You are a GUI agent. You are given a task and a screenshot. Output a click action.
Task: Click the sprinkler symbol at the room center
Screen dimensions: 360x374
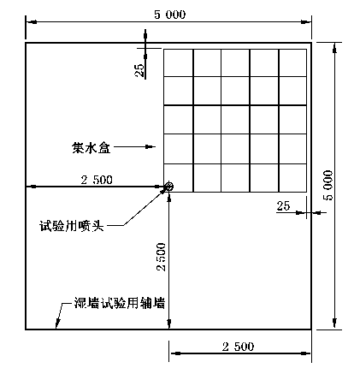point(169,187)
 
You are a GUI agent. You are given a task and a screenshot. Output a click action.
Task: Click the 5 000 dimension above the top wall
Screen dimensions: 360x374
point(170,15)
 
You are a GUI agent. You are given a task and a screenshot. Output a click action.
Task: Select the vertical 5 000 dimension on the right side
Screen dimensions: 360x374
point(328,186)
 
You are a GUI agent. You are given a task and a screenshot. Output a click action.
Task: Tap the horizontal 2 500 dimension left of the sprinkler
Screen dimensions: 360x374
point(97,180)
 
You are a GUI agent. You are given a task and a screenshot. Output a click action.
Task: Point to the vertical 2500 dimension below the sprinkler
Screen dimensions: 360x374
point(162,257)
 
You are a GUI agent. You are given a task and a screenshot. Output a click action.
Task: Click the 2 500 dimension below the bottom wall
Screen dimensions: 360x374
point(238,347)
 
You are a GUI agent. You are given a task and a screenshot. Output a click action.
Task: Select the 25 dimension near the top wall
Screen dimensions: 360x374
point(139,70)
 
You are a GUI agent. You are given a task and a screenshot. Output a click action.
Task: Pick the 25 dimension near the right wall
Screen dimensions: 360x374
point(283,206)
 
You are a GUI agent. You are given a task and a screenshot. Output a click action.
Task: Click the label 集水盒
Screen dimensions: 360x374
point(91,148)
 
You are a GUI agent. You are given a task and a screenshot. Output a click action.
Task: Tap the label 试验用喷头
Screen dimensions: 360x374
point(72,226)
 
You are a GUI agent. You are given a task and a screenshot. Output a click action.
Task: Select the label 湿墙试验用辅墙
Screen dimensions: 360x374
point(120,303)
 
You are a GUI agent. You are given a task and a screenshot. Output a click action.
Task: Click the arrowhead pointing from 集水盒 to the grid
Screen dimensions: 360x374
point(150,147)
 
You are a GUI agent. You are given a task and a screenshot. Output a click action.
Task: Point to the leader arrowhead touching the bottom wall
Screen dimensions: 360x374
point(57,324)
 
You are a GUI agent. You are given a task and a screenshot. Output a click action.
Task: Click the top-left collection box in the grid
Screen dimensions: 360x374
point(179,62)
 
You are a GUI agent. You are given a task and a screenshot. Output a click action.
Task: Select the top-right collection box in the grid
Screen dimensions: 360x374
point(292,62)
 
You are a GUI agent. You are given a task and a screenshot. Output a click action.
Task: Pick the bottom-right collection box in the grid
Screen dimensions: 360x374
point(292,178)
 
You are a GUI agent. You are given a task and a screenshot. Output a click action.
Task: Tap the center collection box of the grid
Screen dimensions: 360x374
point(235,120)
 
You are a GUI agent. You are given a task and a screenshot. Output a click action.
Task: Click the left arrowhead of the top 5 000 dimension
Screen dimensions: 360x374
point(32,21)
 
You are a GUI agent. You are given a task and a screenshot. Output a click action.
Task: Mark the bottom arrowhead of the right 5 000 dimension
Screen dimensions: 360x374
point(334,324)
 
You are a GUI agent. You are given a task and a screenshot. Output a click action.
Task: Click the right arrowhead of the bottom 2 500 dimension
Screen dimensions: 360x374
point(305,353)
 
